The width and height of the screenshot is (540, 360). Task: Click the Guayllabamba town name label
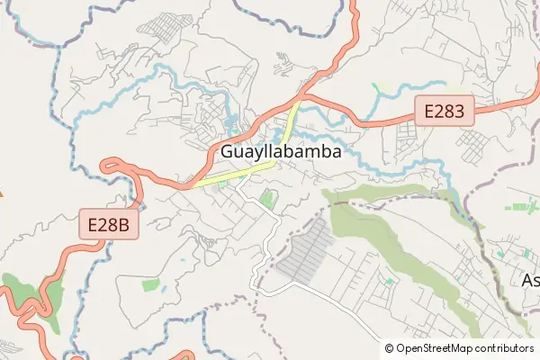pyautogui.click(x=281, y=152)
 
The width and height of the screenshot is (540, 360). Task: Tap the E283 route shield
pyautogui.click(x=444, y=112)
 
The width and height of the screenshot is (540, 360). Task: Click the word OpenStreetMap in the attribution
pyautogui.click(x=440, y=347)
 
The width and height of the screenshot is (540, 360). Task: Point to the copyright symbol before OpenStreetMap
pyautogui.click(x=390, y=347)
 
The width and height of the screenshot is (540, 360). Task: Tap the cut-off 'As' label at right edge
pyautogui.click(x=531, y=280)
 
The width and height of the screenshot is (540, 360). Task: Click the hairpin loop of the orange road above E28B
pyautogui.click(x=112, y=165)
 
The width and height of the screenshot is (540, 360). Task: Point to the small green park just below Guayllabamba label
pyautogui.click(x=265, y=198)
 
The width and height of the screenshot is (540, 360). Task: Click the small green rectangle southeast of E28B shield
pyautogui.click(x=149, y=285)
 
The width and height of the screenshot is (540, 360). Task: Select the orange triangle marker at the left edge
pyautogui.click(x=1, y=192)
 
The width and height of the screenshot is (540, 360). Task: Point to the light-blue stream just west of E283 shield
pyautogui.click(x=396, y=87)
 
